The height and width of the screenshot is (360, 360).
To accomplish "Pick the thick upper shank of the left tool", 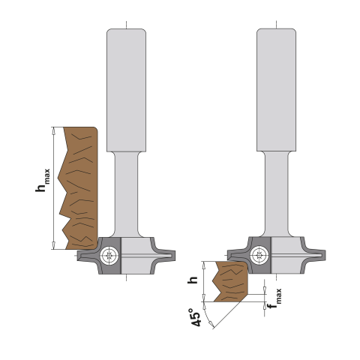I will pyautogui.click(x=126, y=90).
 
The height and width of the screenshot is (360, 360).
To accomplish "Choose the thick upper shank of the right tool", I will pyautogui.click(x=276, y=90).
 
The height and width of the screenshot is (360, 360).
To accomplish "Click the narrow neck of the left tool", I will pyautogui.click(x=126, y=191).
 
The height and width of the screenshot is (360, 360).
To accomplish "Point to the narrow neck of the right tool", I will pyautogui.click(x=276, y=191).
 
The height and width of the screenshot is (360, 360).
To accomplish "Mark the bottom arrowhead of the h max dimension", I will pyautogui.click(x=53, y=245).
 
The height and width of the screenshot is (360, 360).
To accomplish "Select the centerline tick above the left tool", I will pyautogui.click(x=126, y=25).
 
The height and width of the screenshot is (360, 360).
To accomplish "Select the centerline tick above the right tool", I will pyautogui.click(x=276, y=25).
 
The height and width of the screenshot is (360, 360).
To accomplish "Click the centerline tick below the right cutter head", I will pyautogui.click(x=276, y=277).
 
